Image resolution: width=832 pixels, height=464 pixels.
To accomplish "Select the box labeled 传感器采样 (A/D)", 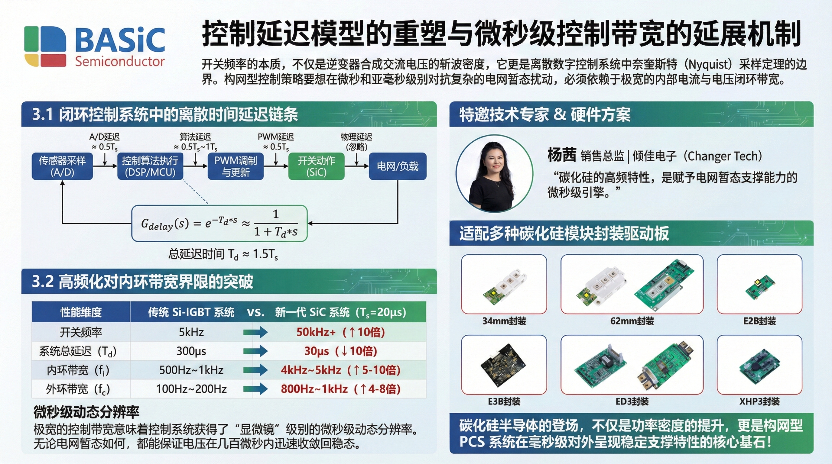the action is point(62,166).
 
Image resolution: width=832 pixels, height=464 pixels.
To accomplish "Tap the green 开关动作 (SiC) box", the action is point(316,166).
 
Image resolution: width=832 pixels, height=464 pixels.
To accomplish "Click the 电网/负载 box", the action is point(398,166).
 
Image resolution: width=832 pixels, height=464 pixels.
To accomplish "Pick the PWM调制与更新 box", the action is point(236,166).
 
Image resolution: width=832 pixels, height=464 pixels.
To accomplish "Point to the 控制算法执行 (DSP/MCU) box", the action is point(150,166).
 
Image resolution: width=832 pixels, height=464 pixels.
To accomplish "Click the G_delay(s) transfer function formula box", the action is point(219,223).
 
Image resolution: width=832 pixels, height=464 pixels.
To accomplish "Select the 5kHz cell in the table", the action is point(191,332).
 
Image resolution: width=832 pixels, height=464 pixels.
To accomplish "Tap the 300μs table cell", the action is point(191,351).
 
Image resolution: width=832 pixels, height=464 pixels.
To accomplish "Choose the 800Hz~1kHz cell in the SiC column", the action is point(341,389).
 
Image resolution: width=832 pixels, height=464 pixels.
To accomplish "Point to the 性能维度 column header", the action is point(81,312).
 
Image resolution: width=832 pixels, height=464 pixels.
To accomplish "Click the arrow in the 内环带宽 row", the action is point(255,370).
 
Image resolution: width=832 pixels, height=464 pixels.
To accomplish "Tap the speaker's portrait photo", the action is point(494,173).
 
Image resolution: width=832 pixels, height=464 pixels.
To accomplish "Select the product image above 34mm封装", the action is point(504,284).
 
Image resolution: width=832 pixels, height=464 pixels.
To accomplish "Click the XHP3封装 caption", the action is point(759,401).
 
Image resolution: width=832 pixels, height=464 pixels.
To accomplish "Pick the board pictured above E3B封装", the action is point(504,365).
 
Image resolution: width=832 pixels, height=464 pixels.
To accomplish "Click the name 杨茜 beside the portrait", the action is point(562,155).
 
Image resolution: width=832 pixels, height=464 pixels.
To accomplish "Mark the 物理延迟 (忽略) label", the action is point(356,142).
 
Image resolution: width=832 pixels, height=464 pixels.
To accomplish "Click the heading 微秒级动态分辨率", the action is point(86,412).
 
